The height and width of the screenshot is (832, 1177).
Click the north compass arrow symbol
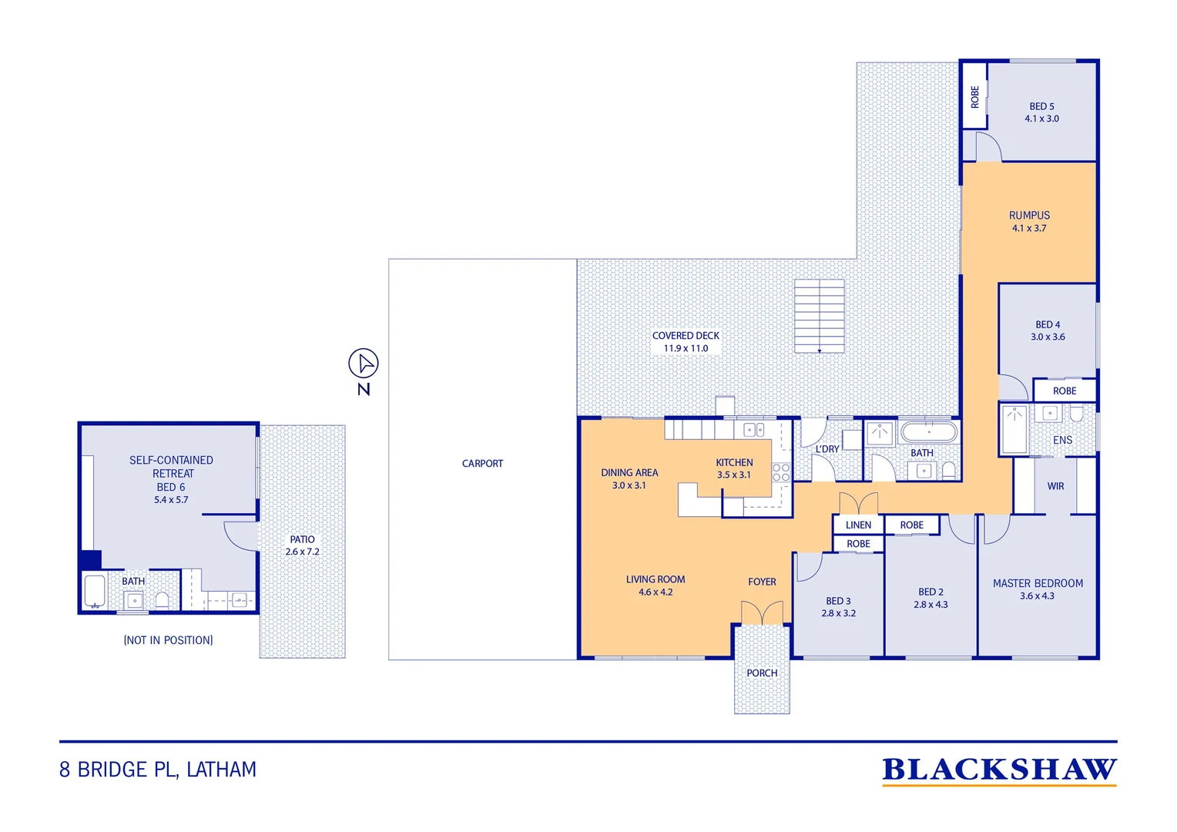(364, 363)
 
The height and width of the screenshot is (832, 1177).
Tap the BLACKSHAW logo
(999, 770)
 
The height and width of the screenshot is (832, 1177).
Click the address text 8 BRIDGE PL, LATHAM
(158, 770)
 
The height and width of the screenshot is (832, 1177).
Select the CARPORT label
(482, 463)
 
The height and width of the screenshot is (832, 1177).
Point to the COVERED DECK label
(686, 335)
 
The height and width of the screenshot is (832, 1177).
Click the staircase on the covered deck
(819, 316)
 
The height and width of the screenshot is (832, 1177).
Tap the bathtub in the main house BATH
(929, 432)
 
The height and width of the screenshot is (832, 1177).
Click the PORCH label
(762, 673)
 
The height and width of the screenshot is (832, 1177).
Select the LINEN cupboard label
(858, 525)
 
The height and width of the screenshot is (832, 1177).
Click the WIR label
(1055, 486)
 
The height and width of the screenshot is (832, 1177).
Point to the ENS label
(1062, 440)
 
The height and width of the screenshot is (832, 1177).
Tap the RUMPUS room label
(1029, 215)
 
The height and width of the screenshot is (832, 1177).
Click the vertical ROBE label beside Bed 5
(974, 97)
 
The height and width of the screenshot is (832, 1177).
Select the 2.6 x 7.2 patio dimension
(302, 552)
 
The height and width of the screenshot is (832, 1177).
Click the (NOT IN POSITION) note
(168, 639)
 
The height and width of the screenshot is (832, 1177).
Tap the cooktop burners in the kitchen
(781, 472)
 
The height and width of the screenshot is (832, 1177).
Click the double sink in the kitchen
(754, 430)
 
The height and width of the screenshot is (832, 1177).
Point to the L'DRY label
(827, 449)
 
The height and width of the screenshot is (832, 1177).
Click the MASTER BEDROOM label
(1038, 583)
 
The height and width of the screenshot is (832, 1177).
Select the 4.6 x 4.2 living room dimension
(656, 592)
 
